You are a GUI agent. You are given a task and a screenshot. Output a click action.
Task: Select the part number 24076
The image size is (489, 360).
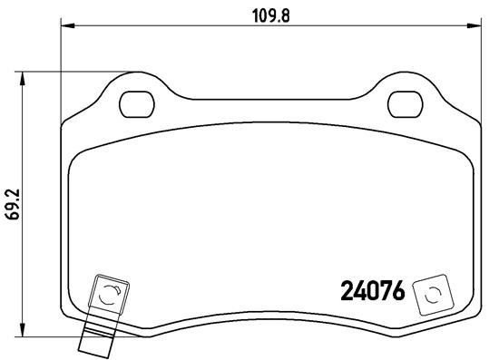[x=372, y=292]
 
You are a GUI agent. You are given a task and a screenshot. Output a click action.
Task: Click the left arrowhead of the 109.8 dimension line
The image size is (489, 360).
[x=64, y=25]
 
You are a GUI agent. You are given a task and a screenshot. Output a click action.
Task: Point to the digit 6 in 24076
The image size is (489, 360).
[x=396, y=292]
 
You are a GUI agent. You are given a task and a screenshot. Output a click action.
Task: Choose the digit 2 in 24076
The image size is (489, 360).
[x=347, y=292]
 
